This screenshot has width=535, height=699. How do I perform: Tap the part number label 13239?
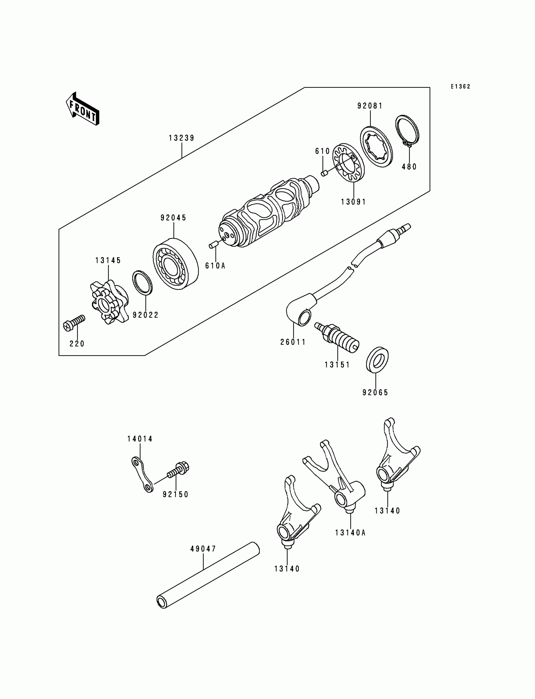pyautogui.click(x=182, y=138)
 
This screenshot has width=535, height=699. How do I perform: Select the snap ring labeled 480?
pyautogui.click(x=408, y=131)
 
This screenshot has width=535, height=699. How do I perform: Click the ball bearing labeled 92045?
pyautogui.click(x=176, y=263)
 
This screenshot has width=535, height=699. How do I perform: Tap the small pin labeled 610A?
pyautogui.click(x=213, y=245)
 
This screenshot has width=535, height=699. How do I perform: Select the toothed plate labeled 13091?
pyautogui.click(x=348, y=163)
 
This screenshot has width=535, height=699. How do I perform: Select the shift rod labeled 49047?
pyautogui.click(x=208, y=575)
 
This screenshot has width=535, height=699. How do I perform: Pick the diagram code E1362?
pyautogui.click(x=460, y=86)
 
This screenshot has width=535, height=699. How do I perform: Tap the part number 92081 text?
pyautogui.click(x=370, y=106)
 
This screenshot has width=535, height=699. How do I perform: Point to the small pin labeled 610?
pyautogui.click(x=324, y=173)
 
